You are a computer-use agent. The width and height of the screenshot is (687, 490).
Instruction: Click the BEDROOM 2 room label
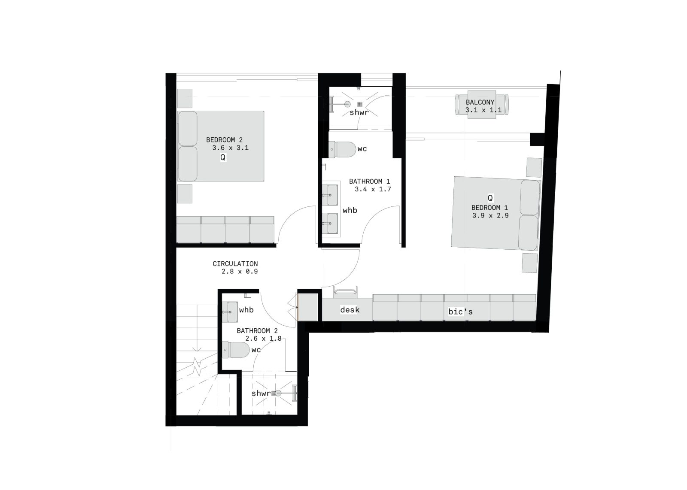pyautogui.click(x=224, y=140)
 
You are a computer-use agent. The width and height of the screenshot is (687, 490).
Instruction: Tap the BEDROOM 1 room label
pyautogui.click(x=489, y=208)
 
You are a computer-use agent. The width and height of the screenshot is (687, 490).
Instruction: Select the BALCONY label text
pyautogui.click(x=480, y=103)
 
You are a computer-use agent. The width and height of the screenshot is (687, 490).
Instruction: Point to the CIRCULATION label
pyautogui.click(x=235, y=264)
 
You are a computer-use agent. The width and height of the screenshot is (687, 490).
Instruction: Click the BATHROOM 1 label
pyautogui.click(x=370, y=181)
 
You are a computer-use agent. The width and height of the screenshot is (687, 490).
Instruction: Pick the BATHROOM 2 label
pyautogui.click(x=257, y=331)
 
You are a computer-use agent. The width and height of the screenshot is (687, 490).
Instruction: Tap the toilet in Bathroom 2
pyautogui.click(x=236, y=350)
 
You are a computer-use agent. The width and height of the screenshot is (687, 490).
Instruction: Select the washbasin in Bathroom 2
pyautogui.click(x=230, y=312)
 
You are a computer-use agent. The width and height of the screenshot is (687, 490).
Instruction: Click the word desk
pyautogui.click(x=350, y=310)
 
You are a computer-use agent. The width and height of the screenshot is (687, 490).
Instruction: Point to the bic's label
pyautogui.click(x=460, y=312)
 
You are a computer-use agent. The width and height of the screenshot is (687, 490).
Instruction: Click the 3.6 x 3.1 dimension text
pyautogui.click(x=230, y=148)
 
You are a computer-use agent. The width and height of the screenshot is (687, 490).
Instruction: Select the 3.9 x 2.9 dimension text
pyautogui.click(x=490, y=216)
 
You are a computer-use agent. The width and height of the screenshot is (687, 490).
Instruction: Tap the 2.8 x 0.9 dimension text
pyautogui.click(x=240, y=272)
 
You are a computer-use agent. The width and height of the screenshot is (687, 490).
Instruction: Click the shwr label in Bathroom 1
pyautogui.click(x=359, y=113)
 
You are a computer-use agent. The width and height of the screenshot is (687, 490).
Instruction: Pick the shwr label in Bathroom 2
pyautogui.click(x=261, y=393)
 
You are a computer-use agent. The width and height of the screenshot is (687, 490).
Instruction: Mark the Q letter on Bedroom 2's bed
pyautogui.click(x=223, y=157)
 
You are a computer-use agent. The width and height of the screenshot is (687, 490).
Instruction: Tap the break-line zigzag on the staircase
pyautogui.click(x=197, y=366)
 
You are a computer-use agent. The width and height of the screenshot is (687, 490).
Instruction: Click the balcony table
pyautogui.click(x=481, y=105)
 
